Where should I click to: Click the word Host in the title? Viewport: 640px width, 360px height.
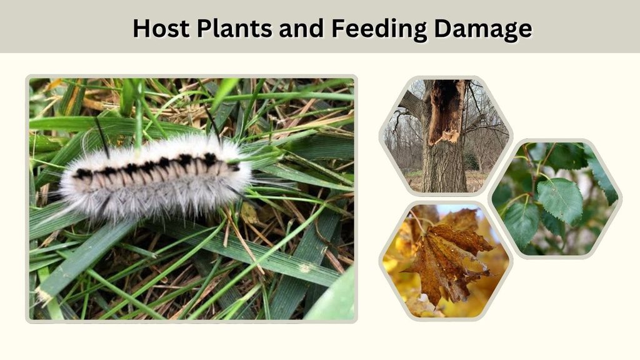pyautogui.click(x=161, y=28)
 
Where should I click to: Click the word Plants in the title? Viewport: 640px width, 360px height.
pyautogui.click(x=234, y=28)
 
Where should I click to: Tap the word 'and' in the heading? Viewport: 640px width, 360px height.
pyautogui.click(x=301, y=28)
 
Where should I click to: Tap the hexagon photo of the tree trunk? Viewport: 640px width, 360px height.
pyautogui.click(x=446, y=136)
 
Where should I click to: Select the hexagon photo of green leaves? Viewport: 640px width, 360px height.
pyautogui.click(x=555, y=199)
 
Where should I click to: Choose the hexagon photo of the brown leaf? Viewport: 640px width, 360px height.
pyautogui.click(x=446, y=261)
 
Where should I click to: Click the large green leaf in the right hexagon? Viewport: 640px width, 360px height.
pyautogui.click(x=561, y=200)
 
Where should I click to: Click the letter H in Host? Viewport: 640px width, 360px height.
pyautogui.click(x=142, y=29)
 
